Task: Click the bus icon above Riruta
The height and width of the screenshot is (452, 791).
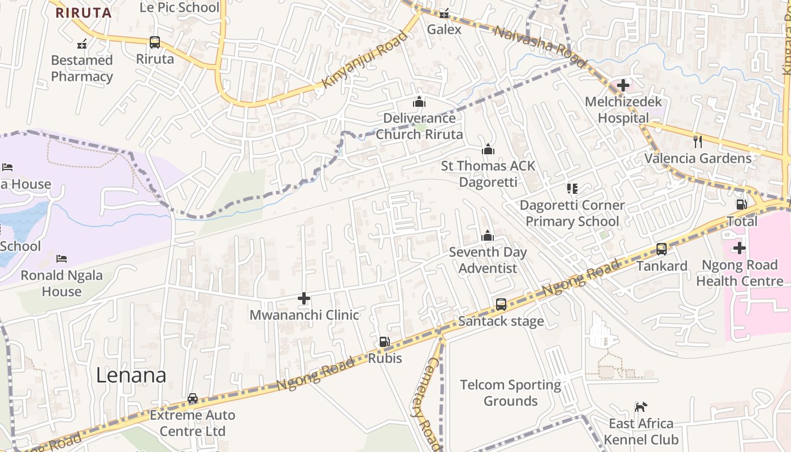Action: (x=154, y=42)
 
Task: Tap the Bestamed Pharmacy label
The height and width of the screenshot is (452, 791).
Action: (x=82, y=68)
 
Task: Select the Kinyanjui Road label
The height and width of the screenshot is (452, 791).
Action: (x=364, y=60)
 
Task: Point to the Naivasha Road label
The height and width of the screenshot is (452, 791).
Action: (x=533, y=40)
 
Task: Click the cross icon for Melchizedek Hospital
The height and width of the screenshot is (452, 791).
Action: (x=623, y=85)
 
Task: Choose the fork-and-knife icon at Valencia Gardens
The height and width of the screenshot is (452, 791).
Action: (x=698, y=141)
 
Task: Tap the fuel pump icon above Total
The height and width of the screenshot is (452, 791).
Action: (x=741, y=204)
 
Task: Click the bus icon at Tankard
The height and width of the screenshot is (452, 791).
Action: (x=661, y=249)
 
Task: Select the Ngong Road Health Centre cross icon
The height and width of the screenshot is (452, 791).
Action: (x=739, y=248)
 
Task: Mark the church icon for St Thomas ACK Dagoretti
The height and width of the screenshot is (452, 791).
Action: (x=488, y=149)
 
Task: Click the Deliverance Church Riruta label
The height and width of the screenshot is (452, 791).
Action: (x=419, y=126)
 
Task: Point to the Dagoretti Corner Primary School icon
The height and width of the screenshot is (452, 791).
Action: (x=572, y=188)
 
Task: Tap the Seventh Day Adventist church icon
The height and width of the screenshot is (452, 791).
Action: (x=487, y=236)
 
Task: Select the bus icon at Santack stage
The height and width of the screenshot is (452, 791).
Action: (x=501, y=305)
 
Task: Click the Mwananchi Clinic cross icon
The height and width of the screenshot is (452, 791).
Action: (x=304, y=298)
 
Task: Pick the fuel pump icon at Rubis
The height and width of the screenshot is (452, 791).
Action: (x=384, y=342)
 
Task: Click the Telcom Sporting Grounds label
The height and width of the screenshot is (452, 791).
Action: (x=510, y=393)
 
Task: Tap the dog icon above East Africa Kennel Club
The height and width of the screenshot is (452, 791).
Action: (x=640, y=407)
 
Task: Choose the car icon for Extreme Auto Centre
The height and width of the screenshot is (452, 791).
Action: (x=193, y=398)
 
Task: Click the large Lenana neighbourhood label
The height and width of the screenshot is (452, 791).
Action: (x=131, y=375)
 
